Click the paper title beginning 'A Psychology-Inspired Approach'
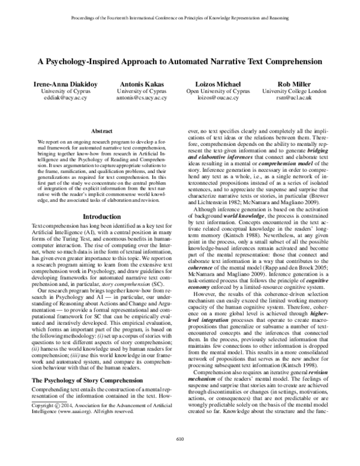tap(180, 61)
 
